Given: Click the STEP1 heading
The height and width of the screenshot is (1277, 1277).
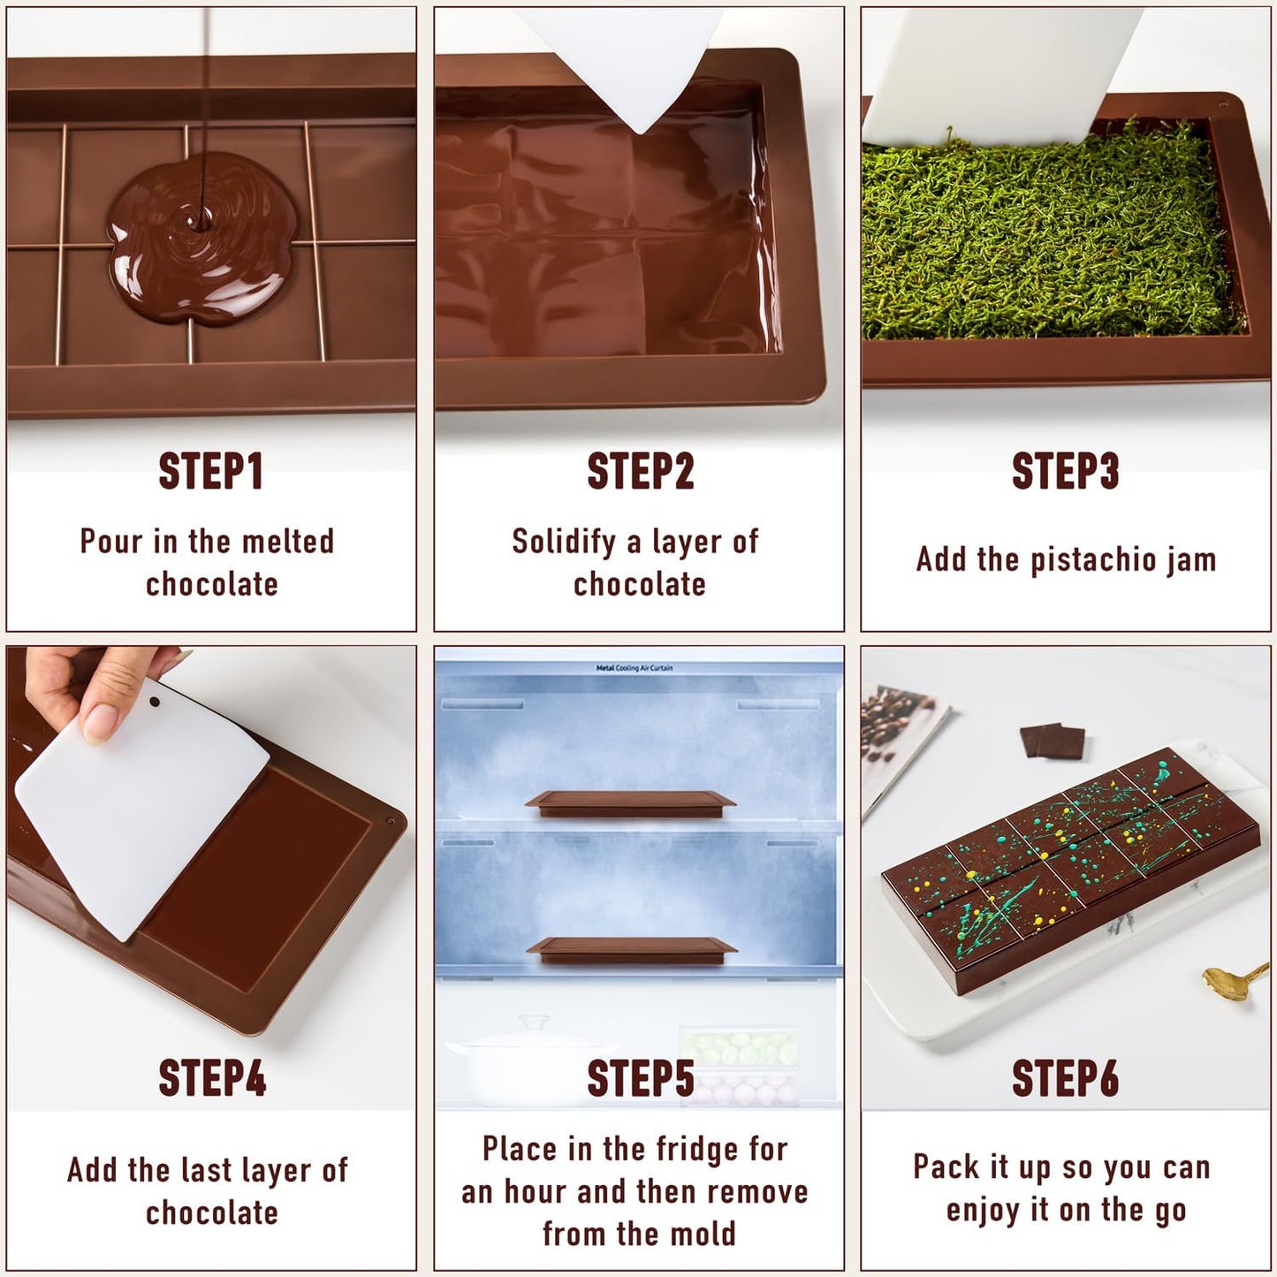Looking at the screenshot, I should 210,471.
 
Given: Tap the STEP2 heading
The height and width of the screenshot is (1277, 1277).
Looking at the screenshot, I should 640,471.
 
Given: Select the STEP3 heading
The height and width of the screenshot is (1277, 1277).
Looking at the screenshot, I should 1065,471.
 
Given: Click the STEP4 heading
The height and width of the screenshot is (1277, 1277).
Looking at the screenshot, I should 211,1078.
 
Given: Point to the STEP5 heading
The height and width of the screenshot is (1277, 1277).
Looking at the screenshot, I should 640,1078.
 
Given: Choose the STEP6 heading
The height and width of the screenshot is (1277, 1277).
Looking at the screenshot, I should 1065,1078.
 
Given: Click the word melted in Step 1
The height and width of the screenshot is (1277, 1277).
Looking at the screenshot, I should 287,541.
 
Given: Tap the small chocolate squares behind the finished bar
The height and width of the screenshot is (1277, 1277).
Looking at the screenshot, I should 1053,741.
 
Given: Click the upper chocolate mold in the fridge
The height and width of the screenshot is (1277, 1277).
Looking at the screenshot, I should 630,802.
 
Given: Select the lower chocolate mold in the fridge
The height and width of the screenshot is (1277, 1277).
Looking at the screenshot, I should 631,949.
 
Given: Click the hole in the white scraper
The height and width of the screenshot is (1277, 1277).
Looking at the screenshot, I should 155,703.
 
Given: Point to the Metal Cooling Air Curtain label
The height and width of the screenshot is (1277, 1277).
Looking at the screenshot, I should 634,668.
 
